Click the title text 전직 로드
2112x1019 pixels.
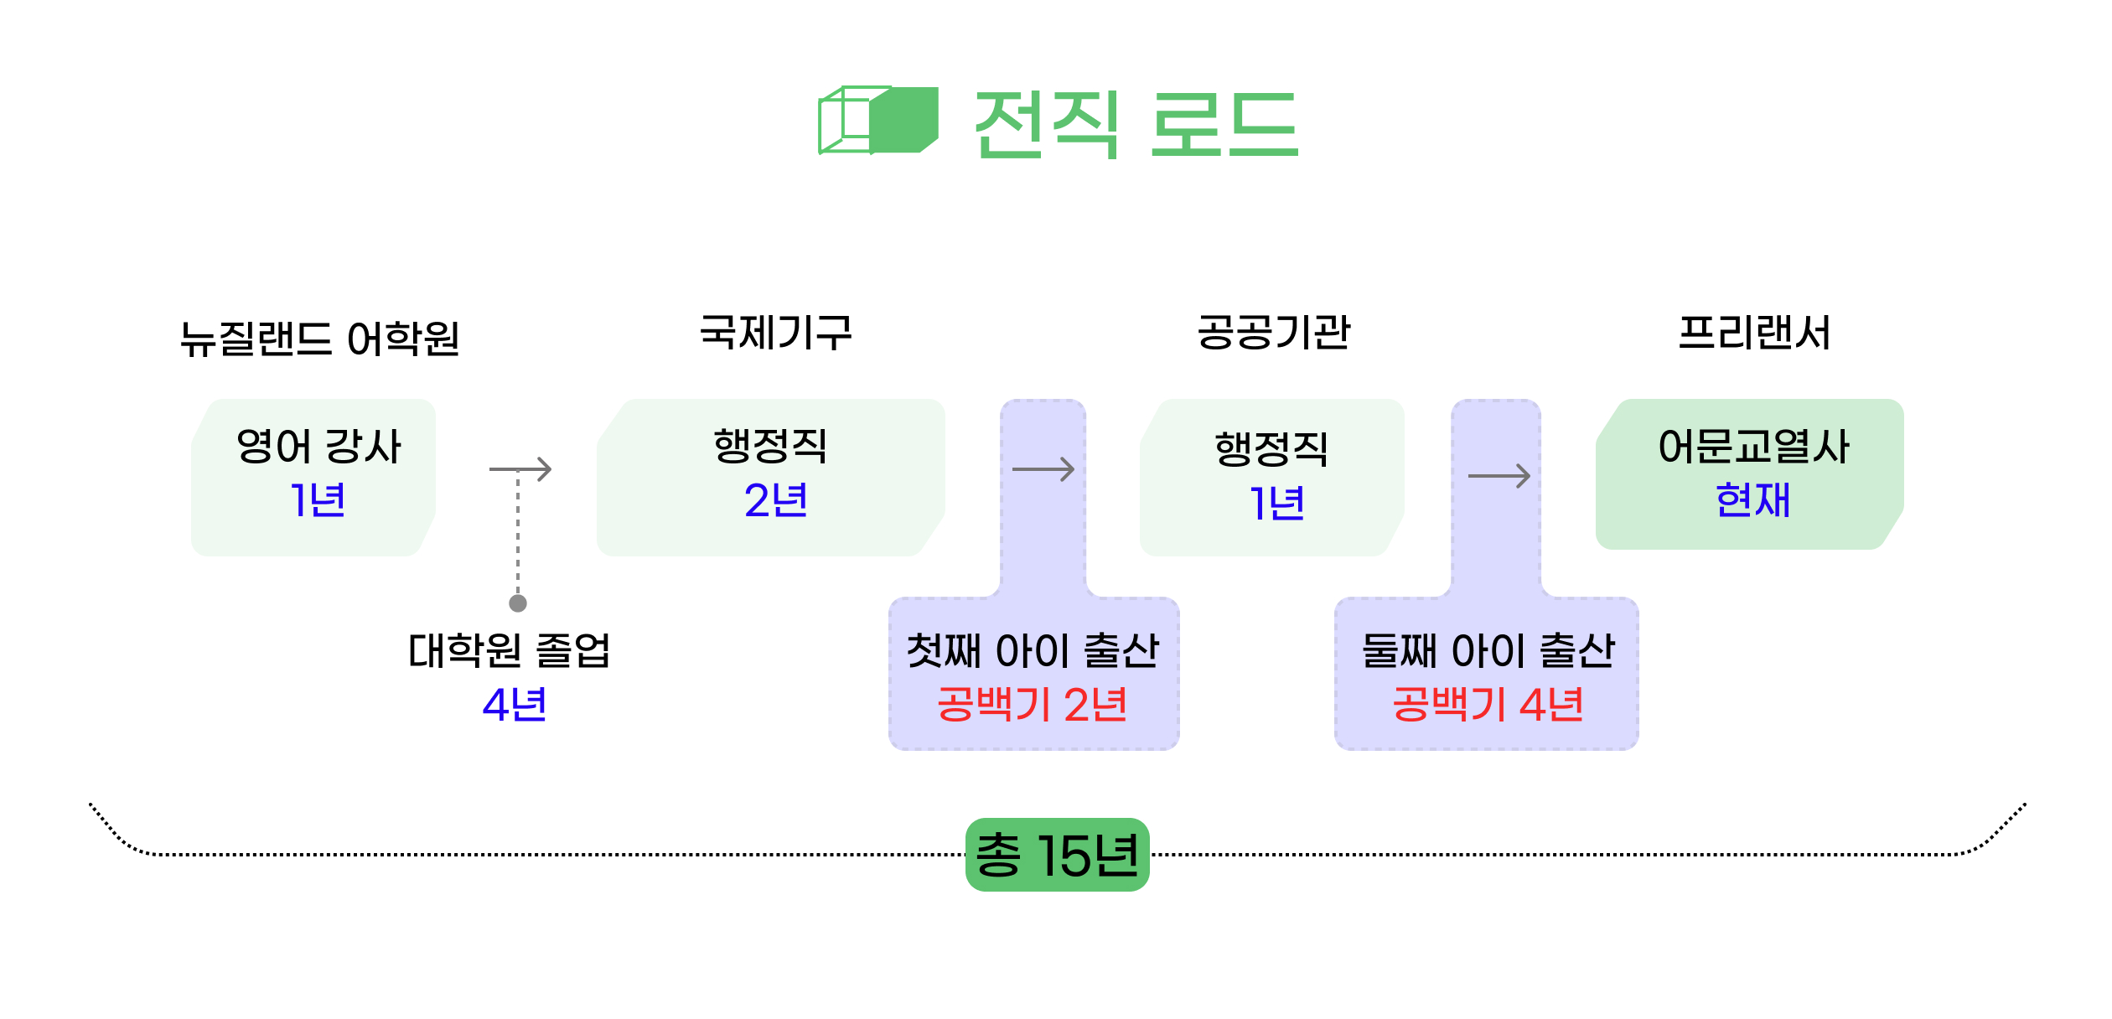tap(1136, 124)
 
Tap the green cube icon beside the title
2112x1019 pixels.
tap(877, 121)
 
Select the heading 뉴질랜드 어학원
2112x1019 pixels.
tap(319, 339)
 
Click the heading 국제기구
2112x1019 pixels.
tap(775, 332)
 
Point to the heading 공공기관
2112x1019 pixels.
tap(1273, 332)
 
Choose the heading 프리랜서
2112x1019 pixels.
tap(1754, 332)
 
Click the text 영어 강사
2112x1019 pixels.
tap(318, 446)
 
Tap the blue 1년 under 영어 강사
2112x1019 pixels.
tap(317, 500)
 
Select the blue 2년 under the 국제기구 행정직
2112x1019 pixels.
tap(775, 500)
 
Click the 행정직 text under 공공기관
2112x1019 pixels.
tap(1271, 448)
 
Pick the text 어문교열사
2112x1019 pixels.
tap(1753, 446)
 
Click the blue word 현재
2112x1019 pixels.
tap(1752, 500)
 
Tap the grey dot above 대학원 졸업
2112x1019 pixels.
tap(518, 603)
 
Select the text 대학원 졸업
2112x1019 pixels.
tap(510, 650)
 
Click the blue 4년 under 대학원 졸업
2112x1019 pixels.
tap(515, 704)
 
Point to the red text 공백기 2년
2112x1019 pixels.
tap(1032, 704)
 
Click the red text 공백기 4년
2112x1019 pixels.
tap(1488, 704)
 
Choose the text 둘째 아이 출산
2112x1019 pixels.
tap(1488, 650)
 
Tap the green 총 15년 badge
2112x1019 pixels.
tap(1057, 855)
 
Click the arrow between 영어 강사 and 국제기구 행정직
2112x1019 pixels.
tap(520, 469)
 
